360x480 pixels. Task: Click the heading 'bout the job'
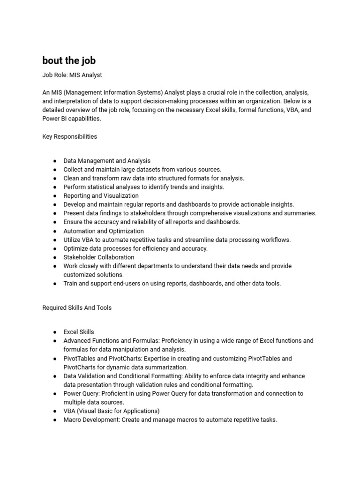click(69, 60)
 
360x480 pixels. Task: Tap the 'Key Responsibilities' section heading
click(70, 136)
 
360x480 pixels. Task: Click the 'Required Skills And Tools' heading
click(77, 308)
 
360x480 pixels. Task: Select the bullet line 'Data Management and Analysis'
click(107, 161)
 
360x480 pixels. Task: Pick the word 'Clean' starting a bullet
click(71, 178)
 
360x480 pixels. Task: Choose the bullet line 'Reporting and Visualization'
click(101, 195)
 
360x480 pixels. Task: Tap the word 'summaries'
click(300, 213)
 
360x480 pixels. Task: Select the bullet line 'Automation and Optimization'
click(104, 231)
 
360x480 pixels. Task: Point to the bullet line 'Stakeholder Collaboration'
click(99, 257)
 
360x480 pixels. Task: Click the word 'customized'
click(79, 275)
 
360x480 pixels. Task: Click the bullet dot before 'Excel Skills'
click(55, 332)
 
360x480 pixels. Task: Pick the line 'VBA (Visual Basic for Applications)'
click(112, 411)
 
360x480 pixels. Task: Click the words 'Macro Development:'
click(91, 420)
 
